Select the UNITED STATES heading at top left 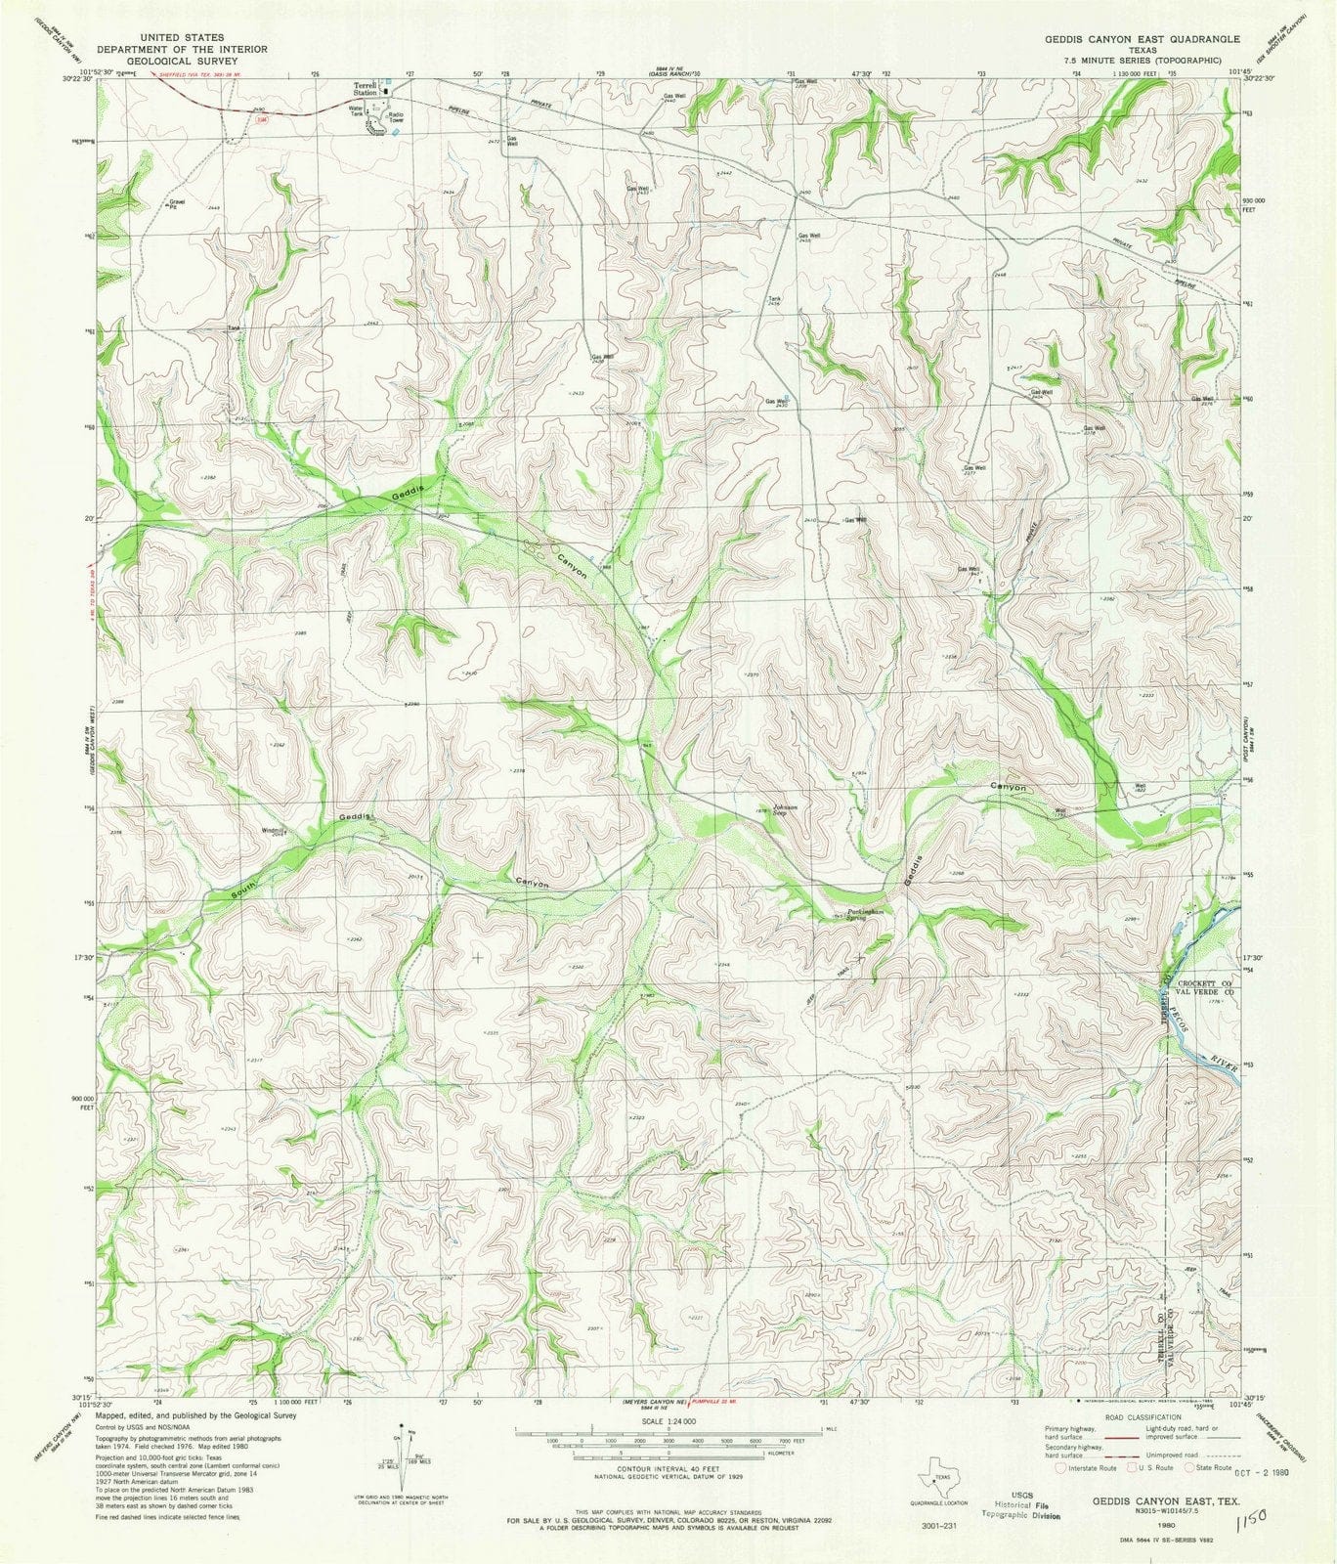(x=183, y=37)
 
